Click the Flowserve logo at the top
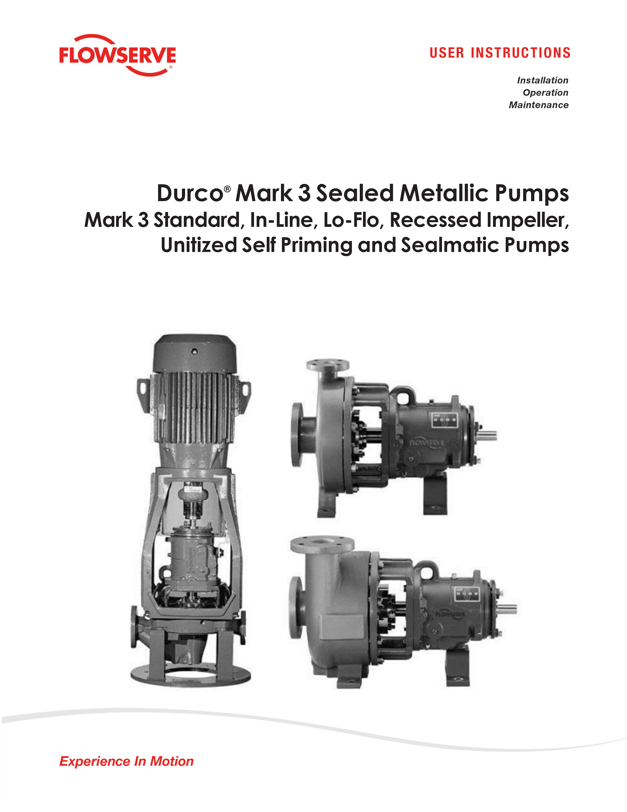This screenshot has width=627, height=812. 117,55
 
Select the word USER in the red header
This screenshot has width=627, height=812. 447,53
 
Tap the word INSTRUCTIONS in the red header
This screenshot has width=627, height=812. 520,53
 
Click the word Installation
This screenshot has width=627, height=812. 543,80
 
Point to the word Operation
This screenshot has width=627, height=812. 545,93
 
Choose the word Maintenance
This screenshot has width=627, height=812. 539,105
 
